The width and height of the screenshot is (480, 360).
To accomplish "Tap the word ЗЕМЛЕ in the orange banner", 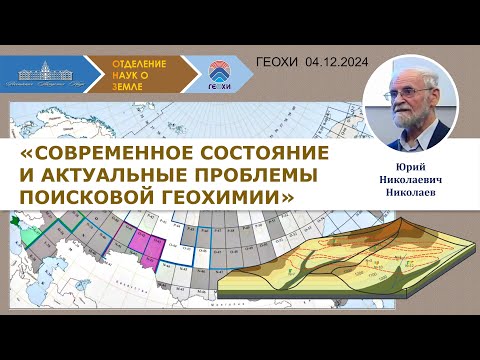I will [138, 86].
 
